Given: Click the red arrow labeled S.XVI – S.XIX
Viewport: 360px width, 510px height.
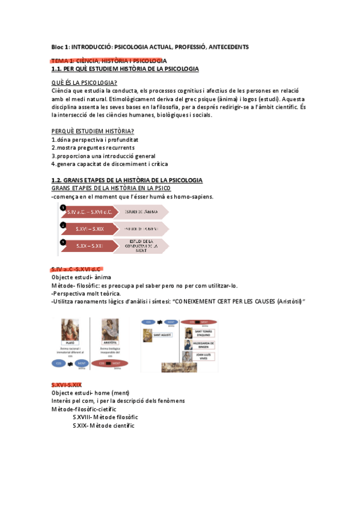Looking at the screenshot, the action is (90, 229).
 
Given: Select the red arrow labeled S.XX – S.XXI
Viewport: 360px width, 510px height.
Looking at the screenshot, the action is (90, 246).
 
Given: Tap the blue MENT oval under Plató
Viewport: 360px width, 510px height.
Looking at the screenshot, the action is (82, 363).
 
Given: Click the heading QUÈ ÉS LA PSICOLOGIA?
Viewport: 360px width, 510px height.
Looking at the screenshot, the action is (84, 82).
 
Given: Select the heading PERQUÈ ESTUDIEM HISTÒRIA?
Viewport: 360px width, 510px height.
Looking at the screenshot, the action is (93, 132).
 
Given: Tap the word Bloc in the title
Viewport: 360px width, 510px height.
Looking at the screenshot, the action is (59, 47).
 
